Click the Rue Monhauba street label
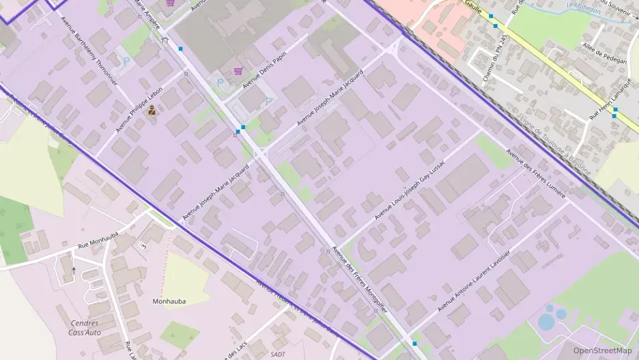[x=98, y=240]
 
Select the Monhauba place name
[x=169, y=301]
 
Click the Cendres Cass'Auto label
[x=86, y=328]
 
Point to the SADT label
[x=277, y=354]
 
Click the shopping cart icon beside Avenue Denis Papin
[x=238, y=70]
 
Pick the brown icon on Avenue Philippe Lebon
[x=152, y=109]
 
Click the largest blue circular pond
[x=546, y=321]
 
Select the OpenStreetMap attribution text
[x=602, y=350]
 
